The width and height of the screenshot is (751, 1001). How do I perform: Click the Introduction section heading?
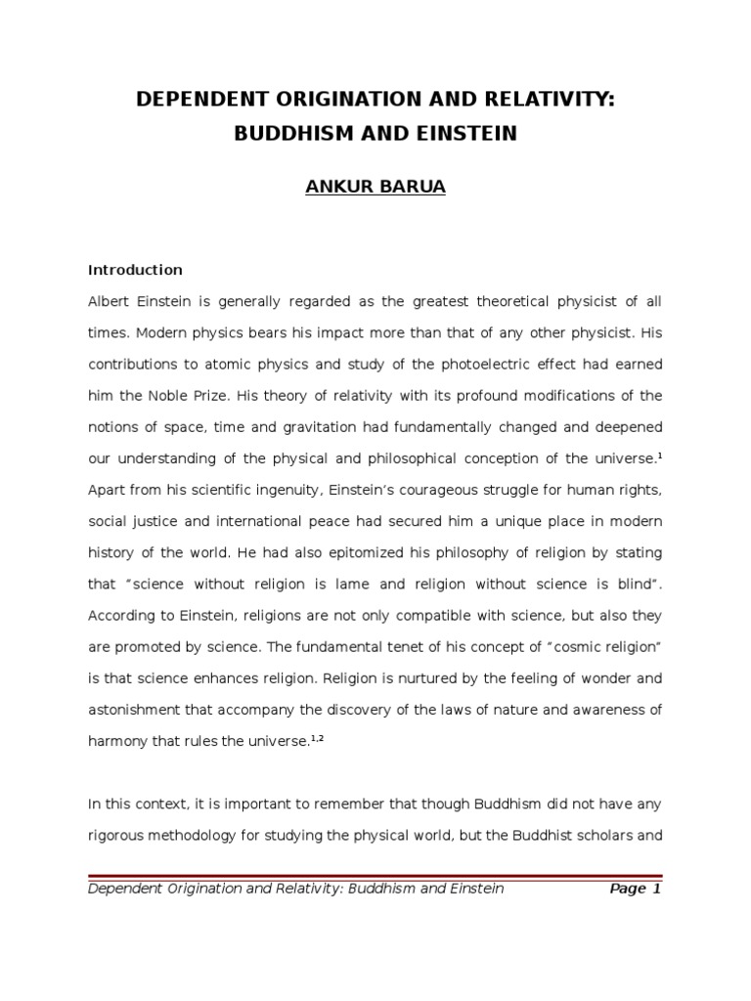(x=135, y=269)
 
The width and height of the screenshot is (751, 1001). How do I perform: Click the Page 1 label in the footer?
(x=635, y=889)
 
